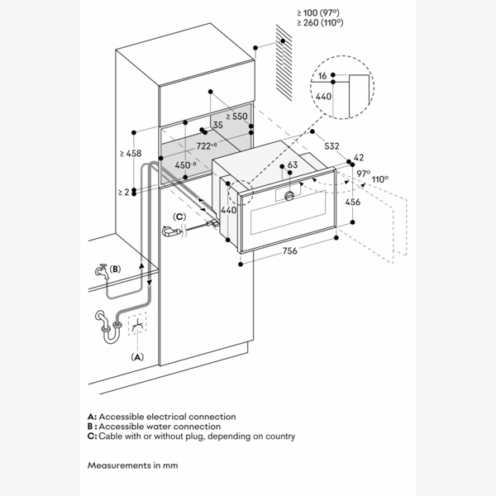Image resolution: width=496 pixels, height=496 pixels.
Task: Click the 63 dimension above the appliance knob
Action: click(x=293, y=165)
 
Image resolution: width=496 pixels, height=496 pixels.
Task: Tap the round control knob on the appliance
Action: click(x=289, y=196)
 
